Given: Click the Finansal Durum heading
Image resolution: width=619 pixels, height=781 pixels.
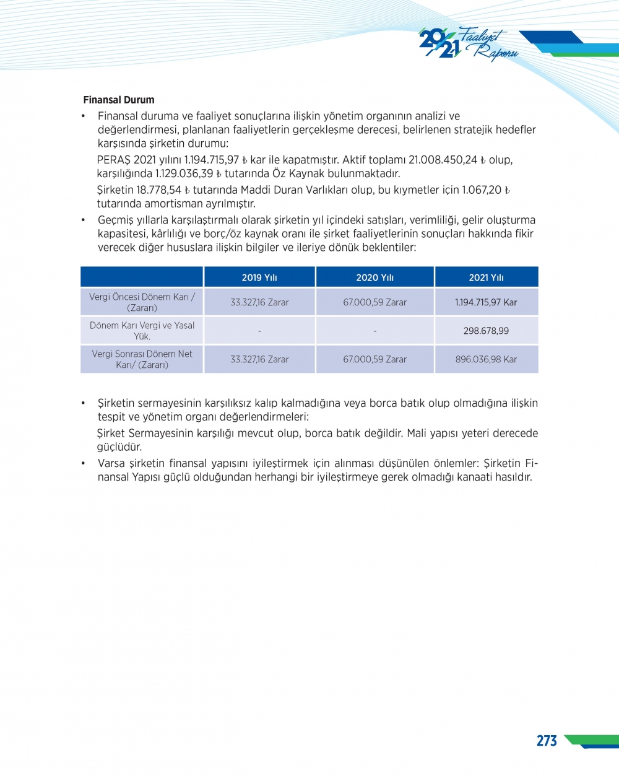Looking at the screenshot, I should click(119, 100).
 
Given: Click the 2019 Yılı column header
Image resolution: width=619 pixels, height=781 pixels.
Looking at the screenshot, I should click(259, 277).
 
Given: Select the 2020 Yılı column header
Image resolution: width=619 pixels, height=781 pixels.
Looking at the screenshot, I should click(374, 277).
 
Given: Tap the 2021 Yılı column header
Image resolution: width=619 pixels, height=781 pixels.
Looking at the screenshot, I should click(486, 277).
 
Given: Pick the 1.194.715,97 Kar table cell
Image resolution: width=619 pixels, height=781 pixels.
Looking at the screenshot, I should click(486, 302).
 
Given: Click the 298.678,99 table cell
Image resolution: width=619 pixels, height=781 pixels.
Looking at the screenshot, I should click(486, 331).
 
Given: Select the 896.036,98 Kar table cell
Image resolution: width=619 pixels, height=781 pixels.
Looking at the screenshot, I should click(486, 359).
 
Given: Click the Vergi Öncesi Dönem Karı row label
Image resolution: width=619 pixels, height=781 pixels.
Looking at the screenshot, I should click(142, 302).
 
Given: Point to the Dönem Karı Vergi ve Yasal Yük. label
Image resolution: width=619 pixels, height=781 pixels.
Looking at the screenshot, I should click(142, 331).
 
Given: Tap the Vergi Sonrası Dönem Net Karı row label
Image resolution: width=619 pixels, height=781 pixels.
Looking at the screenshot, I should click(142, 359).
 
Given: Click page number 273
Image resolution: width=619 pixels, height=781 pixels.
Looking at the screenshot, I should click(547, 741).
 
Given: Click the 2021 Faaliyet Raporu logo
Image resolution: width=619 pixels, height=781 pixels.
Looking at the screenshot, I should click(467, 44).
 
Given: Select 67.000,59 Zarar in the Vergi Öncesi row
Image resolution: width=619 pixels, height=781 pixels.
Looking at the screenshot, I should click(374, 302).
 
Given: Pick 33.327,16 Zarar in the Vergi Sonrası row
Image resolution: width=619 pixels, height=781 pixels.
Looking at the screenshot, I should click(259, 359).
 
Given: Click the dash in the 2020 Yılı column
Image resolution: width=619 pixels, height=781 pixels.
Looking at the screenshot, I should click(375, 331).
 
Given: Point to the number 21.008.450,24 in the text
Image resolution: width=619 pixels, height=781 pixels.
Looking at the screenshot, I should click(443, 160).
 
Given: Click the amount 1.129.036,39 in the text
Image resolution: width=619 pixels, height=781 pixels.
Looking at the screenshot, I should click(184, 173).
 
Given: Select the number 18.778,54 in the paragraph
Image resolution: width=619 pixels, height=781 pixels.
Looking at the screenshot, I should click(158, 190).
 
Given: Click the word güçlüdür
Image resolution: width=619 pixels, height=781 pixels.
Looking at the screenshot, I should click(119, 447).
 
